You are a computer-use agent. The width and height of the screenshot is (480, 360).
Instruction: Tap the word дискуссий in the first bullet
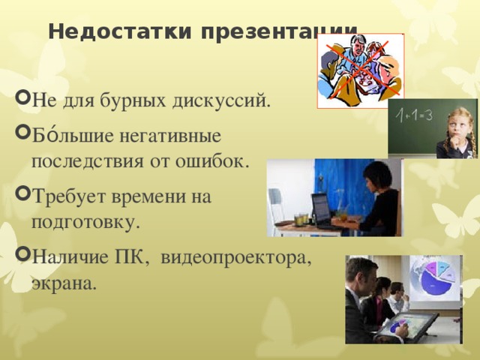click(226, 100)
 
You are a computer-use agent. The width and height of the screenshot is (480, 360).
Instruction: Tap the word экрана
click(64, 283)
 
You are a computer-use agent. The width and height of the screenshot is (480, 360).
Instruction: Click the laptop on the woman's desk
click(320, 210)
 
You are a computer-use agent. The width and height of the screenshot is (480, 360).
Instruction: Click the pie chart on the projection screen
click(434, 278)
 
